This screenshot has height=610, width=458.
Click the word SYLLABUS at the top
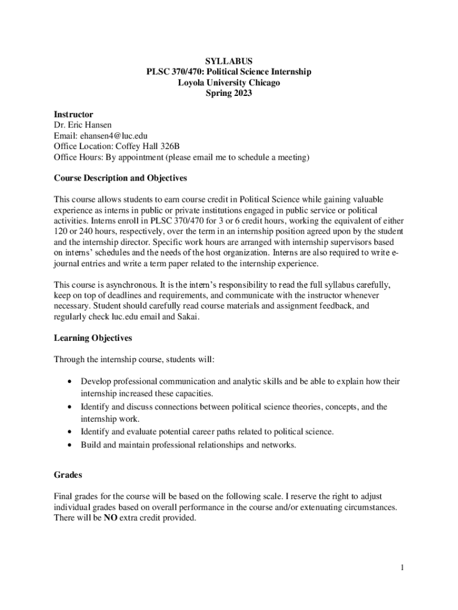229,61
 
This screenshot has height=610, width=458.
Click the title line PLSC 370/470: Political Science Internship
229,72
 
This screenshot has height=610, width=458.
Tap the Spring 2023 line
229,94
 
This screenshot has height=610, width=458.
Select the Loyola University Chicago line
229,83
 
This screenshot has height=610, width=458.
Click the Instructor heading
73,114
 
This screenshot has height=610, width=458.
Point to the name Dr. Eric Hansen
83,125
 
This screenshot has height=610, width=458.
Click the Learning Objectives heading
93,338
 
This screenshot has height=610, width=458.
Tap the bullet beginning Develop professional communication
240,381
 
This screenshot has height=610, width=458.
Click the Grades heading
68,475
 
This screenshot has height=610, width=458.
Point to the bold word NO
110,518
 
